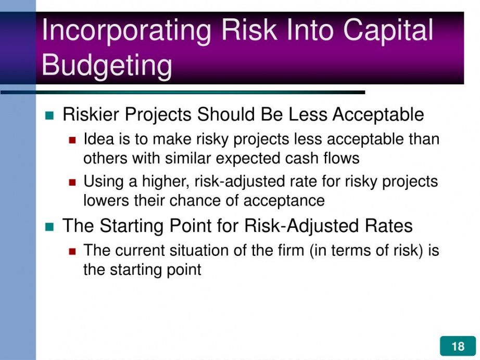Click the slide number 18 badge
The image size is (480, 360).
458,346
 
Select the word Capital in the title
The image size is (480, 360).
388,31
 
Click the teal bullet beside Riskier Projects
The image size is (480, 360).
49,115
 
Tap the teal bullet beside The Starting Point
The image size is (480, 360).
49,227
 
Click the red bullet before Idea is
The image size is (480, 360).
72,140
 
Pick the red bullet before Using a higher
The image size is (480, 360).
72,183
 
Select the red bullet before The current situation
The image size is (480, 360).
72,251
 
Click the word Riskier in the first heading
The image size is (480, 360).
91,114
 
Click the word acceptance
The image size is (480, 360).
284,201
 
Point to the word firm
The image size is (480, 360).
291,250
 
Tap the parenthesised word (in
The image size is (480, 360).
318,251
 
